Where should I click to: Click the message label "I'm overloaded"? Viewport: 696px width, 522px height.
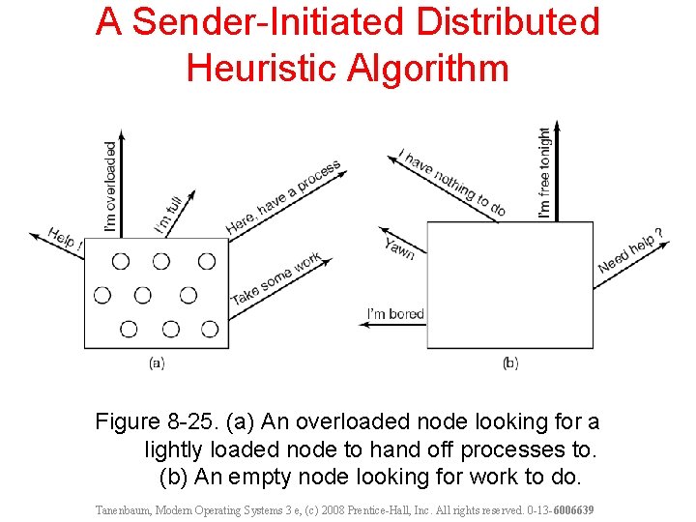point(110,188)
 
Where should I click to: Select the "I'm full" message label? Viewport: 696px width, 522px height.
point(169,215)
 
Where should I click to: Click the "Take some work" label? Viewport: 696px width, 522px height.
point(275,279)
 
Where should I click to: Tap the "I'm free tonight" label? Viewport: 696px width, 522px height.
point(545,172)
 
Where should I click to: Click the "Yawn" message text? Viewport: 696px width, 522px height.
point(399,247)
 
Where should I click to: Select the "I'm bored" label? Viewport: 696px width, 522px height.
point(395,313)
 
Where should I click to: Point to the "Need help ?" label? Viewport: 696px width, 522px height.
point(630,251)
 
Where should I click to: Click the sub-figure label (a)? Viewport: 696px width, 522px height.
point(157,362)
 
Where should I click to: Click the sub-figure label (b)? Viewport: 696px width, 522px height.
point(510,362)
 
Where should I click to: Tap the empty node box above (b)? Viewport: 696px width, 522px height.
point(509,284)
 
